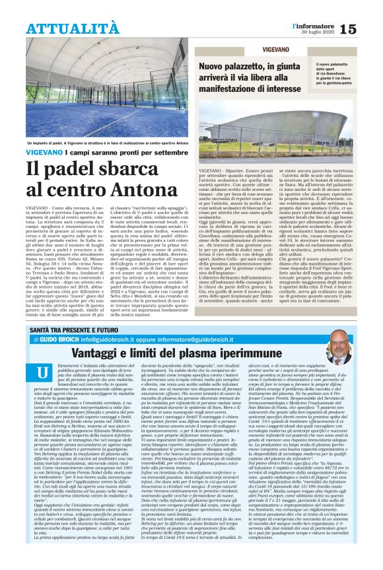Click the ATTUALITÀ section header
click(73, 28)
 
